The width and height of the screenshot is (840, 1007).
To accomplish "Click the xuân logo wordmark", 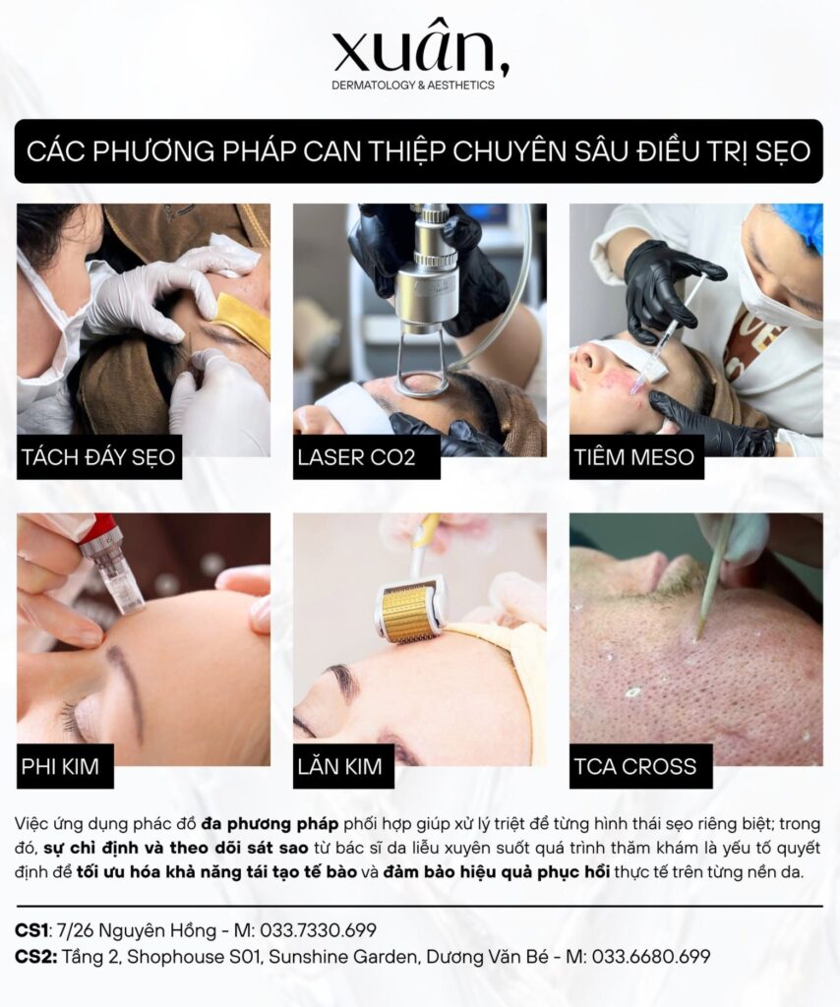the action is pos(421,49).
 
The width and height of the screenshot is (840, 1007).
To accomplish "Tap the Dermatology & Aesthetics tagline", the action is pos(413,86).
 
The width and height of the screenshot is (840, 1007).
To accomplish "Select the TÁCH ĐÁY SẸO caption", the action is pos(98,457).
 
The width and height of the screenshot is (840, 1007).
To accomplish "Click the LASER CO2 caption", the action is pos(356,457).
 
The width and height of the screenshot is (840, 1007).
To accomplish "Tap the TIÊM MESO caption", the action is pos(633,457).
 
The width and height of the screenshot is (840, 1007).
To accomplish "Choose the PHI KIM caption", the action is pos(60,766).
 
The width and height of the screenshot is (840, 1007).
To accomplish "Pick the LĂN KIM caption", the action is pos(339,766).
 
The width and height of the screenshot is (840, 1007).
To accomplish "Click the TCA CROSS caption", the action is pos(635,766).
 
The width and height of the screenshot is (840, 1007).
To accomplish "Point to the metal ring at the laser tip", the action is pos(421,385).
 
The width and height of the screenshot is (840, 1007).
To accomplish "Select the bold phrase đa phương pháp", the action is pos(270,823).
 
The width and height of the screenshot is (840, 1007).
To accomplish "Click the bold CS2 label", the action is pos(35,957).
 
